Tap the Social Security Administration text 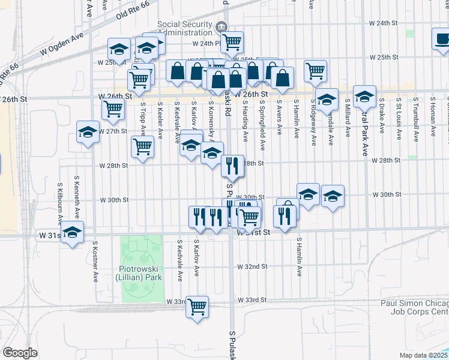[x=185, y=28]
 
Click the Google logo [x=20, y=353]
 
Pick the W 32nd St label [x=252, y=266]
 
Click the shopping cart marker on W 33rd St [x=197, y=307]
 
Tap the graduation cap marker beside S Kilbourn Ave [x=72, y=233]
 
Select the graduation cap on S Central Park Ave [x=364, y=96]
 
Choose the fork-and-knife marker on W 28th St [x=232, y=165]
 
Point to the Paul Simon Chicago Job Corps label [x=414, y=308]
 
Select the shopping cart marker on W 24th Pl [x=231, y=42]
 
